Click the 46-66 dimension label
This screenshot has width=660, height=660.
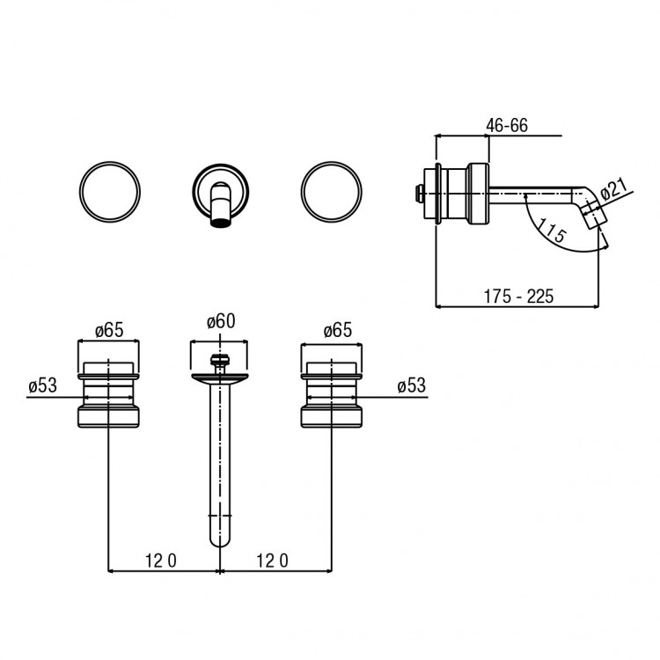tap(506, 126)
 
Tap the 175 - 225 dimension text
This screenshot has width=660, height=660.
tap(518, 297)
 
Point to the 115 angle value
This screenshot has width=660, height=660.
tap(552, 231)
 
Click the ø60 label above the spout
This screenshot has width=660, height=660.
tap(221, 321)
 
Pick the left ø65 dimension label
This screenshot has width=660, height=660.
tap(109, 330)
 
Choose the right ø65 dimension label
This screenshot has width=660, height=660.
tap(338, 330)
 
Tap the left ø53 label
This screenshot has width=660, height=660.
tap(42, 385)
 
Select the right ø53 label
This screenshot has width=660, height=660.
tap(411, 385)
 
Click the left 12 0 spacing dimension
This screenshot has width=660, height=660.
tap(161, 561)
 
